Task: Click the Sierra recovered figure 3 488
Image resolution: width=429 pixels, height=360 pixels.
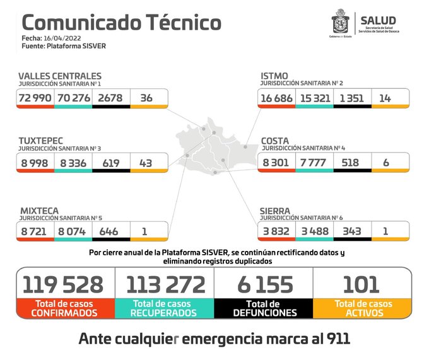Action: point(314,231)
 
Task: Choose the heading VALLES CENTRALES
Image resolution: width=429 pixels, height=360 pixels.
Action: point(59,76)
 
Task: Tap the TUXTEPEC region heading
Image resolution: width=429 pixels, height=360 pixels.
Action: point(40,139)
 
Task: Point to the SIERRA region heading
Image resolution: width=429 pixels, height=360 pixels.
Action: point(275,210)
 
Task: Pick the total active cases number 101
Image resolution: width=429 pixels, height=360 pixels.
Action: point(362,284)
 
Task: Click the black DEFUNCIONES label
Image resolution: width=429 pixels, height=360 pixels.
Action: point(264,312)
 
